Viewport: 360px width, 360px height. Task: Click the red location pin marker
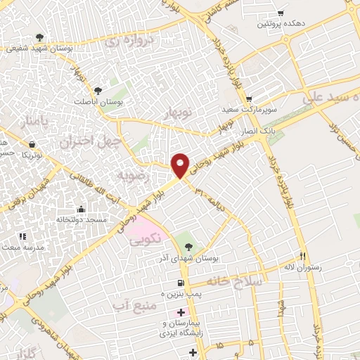[181, 165]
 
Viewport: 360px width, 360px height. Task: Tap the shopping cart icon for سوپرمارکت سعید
[249, 99]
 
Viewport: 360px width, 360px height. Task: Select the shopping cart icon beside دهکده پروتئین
[281, 13]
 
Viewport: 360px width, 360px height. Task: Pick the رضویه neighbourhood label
[134, 174]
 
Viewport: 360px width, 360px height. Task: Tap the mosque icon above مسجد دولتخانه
[82, 208]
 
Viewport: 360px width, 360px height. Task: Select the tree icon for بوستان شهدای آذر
[188, 246]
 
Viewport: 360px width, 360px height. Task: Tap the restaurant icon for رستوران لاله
[304, 256]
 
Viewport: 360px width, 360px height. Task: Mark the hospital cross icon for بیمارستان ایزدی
[181, 312]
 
